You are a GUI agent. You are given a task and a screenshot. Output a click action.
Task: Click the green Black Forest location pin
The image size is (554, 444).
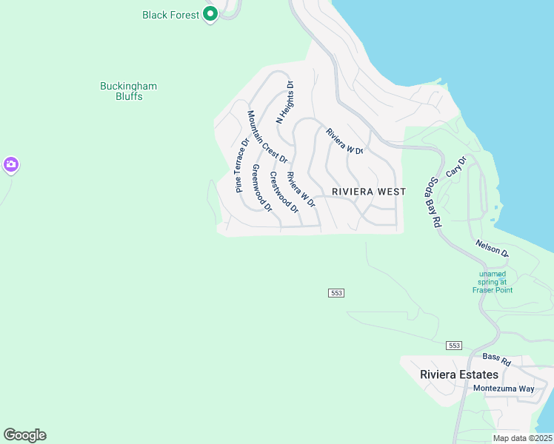coord(210,13)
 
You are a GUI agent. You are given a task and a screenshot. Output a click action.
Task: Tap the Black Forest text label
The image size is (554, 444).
coord(171,15)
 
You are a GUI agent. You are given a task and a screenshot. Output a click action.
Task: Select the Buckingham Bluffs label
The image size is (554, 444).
coord(129,91)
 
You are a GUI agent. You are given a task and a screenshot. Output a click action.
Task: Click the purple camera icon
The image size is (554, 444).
coord(10,165)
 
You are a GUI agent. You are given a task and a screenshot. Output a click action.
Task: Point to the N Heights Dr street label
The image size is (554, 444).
coord(285,102)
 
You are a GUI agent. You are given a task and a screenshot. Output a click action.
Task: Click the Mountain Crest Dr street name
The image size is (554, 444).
coord(267,137)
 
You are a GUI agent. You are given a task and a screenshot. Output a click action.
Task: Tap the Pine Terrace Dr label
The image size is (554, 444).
coord(242,165)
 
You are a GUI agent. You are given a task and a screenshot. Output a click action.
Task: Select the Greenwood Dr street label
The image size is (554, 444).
coord(262,188)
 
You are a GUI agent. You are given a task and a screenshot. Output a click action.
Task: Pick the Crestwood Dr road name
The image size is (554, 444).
coord(284,192)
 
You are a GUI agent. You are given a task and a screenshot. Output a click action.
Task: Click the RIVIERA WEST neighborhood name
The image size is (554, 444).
coord(369,192)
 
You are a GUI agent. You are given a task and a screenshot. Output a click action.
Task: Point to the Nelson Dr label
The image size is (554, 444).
coord(493,248)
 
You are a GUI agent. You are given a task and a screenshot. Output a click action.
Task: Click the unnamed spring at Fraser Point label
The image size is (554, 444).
coord(493,281)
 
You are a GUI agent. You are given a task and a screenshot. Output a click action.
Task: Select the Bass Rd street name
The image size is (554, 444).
coord(496,361)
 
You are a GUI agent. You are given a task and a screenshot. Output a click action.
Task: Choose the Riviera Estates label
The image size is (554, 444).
coord(459,374)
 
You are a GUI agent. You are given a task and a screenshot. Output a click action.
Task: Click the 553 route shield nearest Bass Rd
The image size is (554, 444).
coord(455,346)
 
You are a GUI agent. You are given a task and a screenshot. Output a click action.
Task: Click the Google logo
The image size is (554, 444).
coord(24,435)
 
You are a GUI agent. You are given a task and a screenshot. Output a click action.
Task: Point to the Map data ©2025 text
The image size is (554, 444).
coord(521,438)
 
